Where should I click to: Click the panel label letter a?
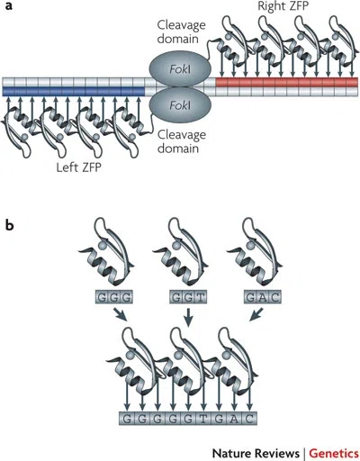pyautogui.click(x=9, y=5)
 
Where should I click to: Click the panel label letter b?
pyautogui.click(x=9, y=224)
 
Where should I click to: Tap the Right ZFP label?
pyautogui.click(x=283, y=6)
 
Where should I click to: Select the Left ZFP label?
pyautogui.click(x=79, y=167)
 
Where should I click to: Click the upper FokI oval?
pyautogui.click(x=180, y=69)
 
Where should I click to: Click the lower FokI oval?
pyautogui.click(x=180, y=105)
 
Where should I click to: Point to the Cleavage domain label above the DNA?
pyautogui.click(x=182, y=32)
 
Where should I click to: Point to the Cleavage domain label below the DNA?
pyautogui.click(x=182, y=141)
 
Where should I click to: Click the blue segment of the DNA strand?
pyautogui.click(x=74, y=92)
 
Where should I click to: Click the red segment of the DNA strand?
pyautogui.click(x=287, y=82)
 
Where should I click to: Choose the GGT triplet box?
pyautogui.click(x=188, y=297)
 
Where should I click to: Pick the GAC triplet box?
pyautogui.click(x=263, y=297)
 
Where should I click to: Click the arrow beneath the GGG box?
pyautogui.click(x=121, y=314)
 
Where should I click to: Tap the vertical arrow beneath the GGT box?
pyautogui.click(x=188, y=318)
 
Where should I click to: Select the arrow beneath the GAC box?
pyautogui.click(x=256, y=314)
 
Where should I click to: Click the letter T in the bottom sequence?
pyautogui.click(x=203, y=419)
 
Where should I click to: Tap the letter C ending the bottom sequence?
pyautogui.click(x=249, y=419)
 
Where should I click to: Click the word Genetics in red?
pyautogui.click(x=334, y=453)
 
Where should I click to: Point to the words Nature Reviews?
pyautogui.click(x=256, y=453)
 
